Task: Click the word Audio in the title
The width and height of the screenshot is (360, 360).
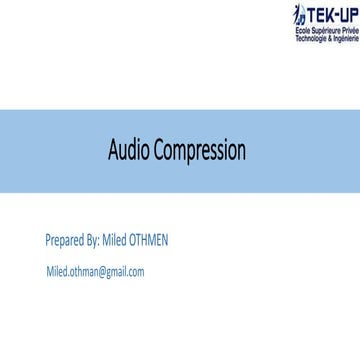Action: point(131,125)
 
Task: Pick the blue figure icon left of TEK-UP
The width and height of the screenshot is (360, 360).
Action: point(299,16)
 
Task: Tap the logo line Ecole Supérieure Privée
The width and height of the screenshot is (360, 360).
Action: point(332,32)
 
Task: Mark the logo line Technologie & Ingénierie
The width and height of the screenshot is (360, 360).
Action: point(332,38)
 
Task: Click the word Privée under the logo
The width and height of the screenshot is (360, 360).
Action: point(349,32)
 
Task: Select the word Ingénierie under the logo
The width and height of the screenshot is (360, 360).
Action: point(347,38)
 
